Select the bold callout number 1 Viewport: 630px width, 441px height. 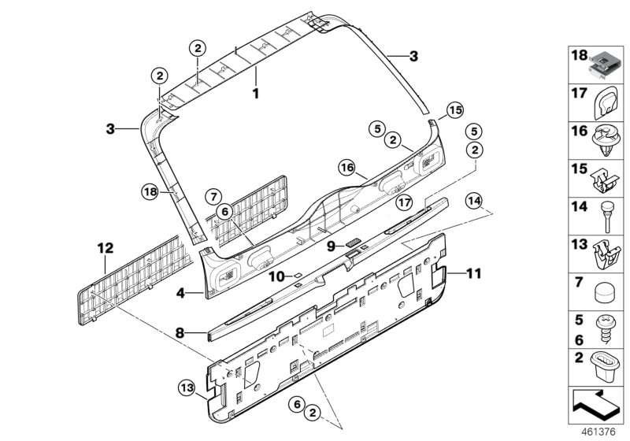tap(254, 93)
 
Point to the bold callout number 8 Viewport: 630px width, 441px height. tap(180, 333)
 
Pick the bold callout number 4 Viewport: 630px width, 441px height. tap(180, 293)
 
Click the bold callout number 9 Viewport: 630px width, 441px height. tap(332, 246)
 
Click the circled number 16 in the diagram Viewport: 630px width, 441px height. tap(347, 167)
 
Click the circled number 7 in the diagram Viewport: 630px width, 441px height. tap(213, 195)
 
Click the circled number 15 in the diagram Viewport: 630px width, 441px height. tap(454, 111)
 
